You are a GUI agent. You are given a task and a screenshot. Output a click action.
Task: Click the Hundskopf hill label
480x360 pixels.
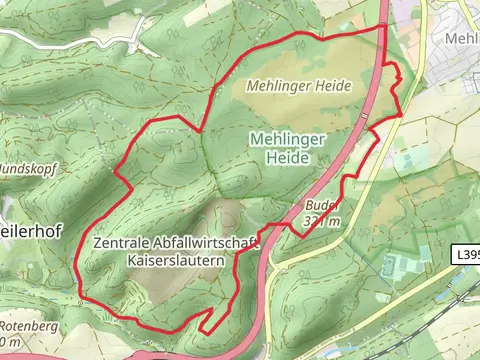[x=26, y=169]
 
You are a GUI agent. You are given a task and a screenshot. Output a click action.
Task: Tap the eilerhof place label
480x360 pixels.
[x=30, y=231]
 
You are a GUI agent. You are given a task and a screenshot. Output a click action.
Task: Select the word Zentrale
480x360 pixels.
[x=124, y=243]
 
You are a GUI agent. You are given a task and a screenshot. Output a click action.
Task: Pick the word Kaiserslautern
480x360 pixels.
[x=174, y=260]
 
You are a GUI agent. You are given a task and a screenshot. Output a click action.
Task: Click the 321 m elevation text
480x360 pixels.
[x=324, y=221]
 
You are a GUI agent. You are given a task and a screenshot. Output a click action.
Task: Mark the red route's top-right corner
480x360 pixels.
[x=386, y=26]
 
